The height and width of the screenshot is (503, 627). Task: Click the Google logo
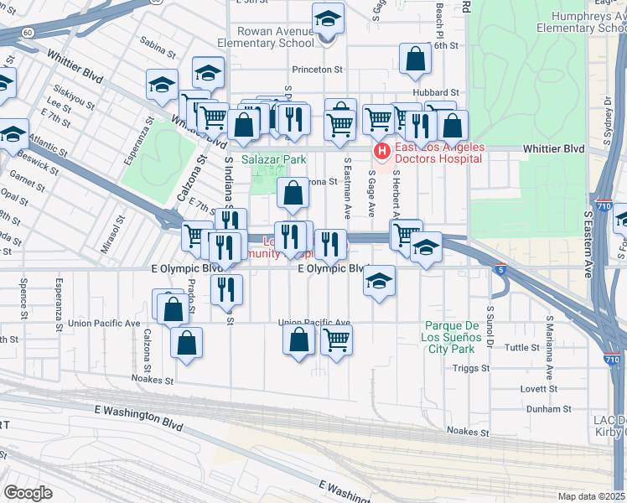(x=28, y=493)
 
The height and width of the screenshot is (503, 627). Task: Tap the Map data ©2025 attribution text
(x=591, y=496)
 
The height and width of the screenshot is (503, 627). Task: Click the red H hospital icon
(x=381, y=152)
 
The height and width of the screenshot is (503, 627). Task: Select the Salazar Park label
(x=274, y=159)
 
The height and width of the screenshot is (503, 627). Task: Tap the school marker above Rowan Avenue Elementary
(x=329, y=19)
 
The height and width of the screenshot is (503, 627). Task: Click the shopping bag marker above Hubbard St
(x=415, y=60)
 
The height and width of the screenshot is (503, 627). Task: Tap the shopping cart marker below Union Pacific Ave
(x=336, y=341)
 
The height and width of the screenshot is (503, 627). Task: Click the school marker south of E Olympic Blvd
(x=380, y=282)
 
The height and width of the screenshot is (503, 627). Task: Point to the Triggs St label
(x=470, y=368)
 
